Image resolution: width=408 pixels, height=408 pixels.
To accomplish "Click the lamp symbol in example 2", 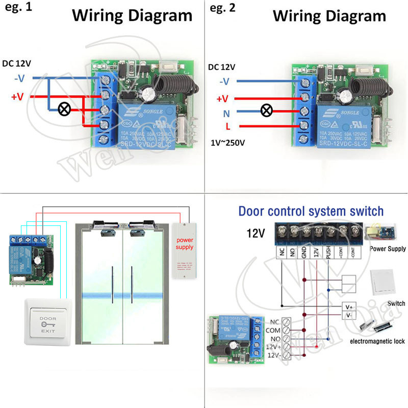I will tap(265, 110).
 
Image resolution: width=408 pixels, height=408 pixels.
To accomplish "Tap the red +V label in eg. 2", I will tap(223, 98).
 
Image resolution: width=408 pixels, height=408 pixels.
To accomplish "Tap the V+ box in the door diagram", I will tap(349, 307).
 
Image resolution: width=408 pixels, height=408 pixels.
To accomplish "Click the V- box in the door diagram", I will tap(349, 316).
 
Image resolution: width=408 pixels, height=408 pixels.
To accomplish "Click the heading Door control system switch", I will tap(311, 211).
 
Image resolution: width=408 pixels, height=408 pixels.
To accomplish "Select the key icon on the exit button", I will tap(45, 325).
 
